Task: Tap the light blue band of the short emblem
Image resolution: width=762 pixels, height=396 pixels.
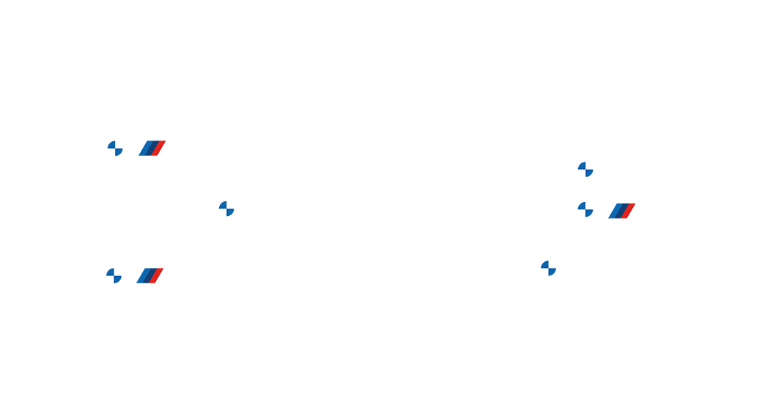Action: tap(613, 209)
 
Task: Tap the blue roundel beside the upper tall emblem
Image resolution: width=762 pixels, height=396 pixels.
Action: tap(115, 149)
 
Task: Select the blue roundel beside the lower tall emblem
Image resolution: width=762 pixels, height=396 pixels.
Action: tap(114, 276)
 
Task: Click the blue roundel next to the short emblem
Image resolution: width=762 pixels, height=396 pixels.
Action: tap(585, 210)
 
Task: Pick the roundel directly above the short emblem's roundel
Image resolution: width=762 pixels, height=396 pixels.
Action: tap(585, 171)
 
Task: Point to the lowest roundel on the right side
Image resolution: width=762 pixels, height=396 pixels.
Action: tap(548, 269)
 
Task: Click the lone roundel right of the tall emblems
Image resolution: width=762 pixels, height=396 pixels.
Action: tap(226, 209)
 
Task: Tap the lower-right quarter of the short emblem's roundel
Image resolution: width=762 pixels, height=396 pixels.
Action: tap(589, 214)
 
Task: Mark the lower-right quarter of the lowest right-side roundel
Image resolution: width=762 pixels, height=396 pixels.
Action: tap(552, 273)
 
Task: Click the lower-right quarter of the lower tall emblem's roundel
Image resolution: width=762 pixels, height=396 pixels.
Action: tap(118, 280)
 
